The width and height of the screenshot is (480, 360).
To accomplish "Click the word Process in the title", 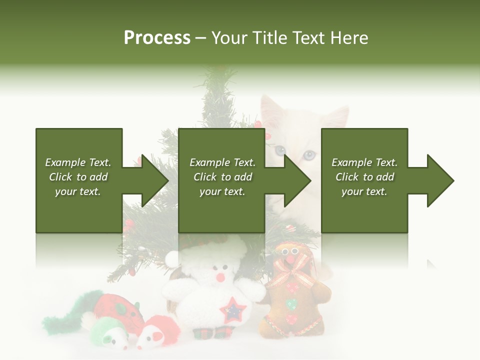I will tap(157, 38).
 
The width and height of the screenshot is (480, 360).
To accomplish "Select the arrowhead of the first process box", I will tap(153, 180).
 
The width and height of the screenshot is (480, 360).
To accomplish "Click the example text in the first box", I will tap(78, 177).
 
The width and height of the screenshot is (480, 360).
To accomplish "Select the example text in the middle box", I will tap(222, 177).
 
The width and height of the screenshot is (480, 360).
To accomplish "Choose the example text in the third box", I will tap(364, 177).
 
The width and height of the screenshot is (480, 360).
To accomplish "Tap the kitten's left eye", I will tap(279, 150).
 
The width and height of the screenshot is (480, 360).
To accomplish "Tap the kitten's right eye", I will tap(309, 154).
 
